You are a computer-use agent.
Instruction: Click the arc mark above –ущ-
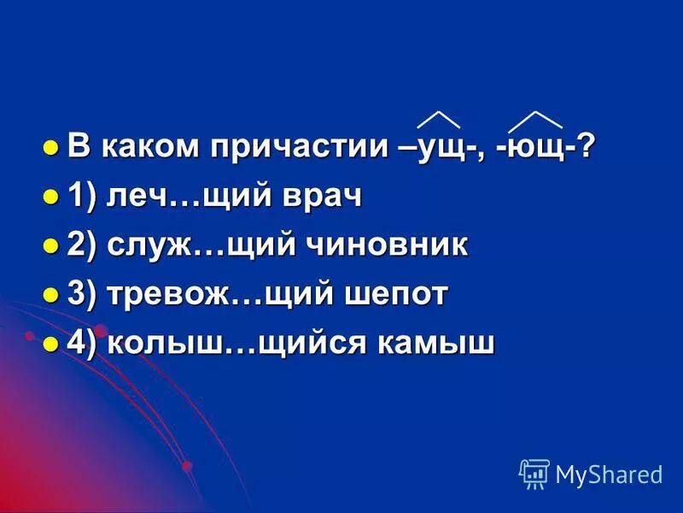[438, 120]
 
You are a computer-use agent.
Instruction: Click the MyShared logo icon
[534, 473]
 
